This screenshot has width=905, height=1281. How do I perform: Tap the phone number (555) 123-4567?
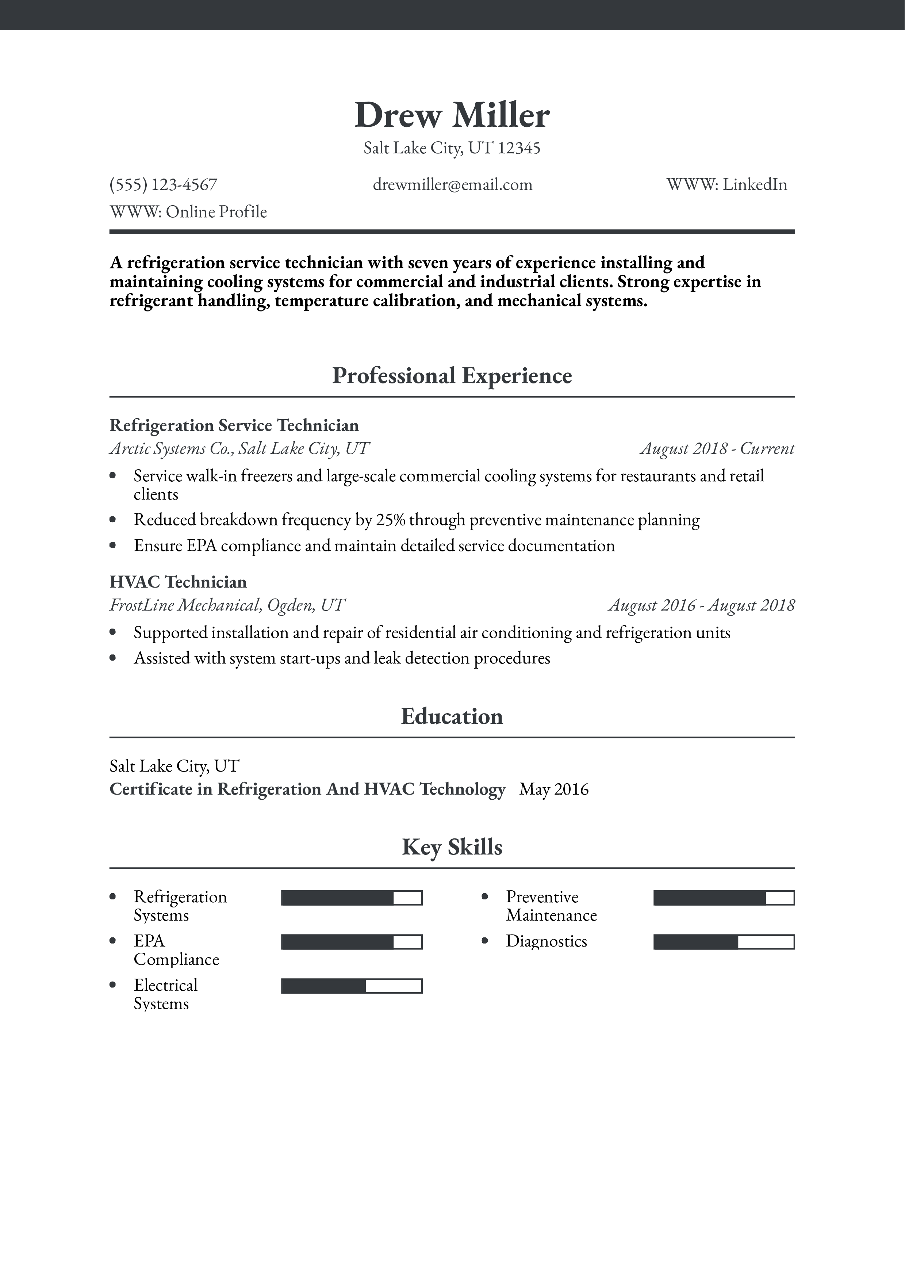click(164, 185)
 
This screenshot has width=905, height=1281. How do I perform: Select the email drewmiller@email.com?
click(452, 185)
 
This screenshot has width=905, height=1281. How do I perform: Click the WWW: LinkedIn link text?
click(726, 185)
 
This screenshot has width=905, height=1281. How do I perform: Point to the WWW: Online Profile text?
click(188, 212)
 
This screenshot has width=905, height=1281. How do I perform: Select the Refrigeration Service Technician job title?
click(234, 426)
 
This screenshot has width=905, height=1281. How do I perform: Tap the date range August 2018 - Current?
click(717, 448)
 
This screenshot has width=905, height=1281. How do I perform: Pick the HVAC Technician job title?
click(178, 582)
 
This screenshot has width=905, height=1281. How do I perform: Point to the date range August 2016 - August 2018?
click(701, 605)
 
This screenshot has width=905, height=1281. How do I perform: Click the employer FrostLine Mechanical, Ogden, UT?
click(227, 605)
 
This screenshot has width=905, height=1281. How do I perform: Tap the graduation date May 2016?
click(554, 789)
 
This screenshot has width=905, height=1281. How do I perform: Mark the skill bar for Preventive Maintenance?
click(724, 898)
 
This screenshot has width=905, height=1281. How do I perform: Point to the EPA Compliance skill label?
click(176, 950)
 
